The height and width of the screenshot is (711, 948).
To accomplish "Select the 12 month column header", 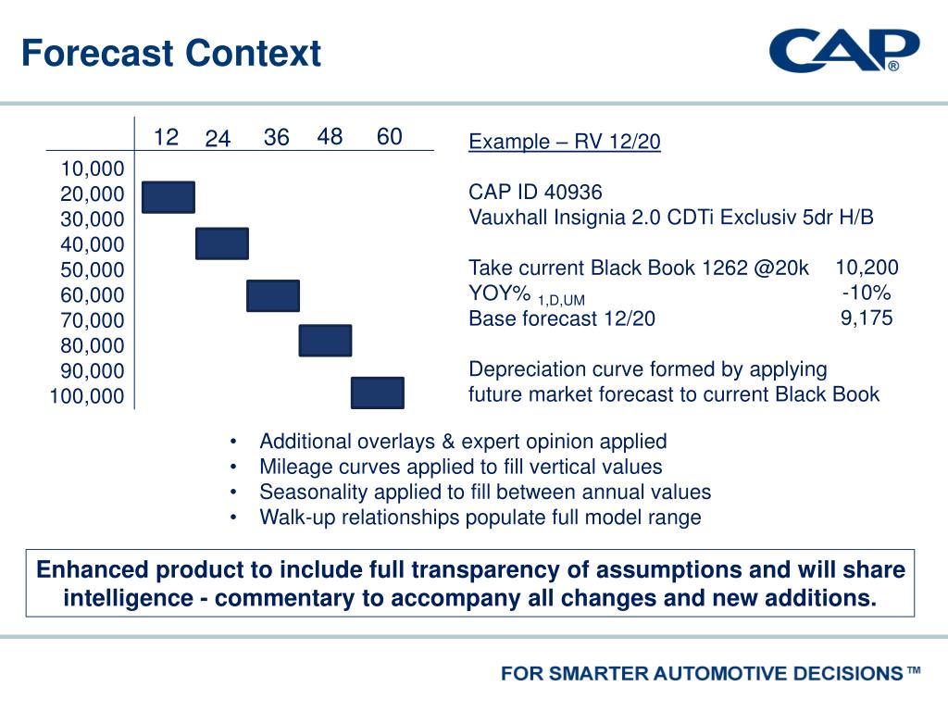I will point(166,138).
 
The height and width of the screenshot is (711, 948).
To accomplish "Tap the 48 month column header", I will point(330,137).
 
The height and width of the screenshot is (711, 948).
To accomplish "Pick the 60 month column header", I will point(390,137).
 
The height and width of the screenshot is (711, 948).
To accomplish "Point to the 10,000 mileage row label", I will point(92,168).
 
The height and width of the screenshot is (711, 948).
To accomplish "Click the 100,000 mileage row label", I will point(86,397).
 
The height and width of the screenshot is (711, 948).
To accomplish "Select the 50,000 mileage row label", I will point(92,270).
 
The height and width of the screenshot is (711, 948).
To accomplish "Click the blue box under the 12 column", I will point(168,197).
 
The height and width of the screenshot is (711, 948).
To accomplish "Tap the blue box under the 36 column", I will point(273,296).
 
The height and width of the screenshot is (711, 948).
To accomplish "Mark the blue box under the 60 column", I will point(378,393).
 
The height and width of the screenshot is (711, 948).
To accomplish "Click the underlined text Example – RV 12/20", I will point(565,142).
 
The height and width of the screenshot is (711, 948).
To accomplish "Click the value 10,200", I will point(867,268).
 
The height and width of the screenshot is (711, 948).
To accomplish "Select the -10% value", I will point(867,293).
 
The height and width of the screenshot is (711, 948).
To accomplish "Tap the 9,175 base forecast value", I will point(867,318).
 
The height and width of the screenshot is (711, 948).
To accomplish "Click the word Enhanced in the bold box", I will point(90,569).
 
